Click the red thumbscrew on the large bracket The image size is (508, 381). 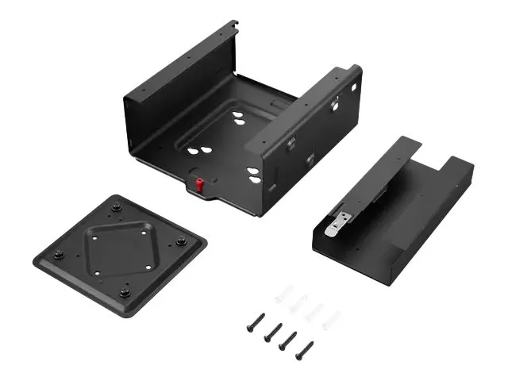[x=200, y=186]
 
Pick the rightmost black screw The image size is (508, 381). [x=304, y=350]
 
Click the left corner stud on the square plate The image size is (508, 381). [x=59, y=256]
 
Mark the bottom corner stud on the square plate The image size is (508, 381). [x=125, y=291]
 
